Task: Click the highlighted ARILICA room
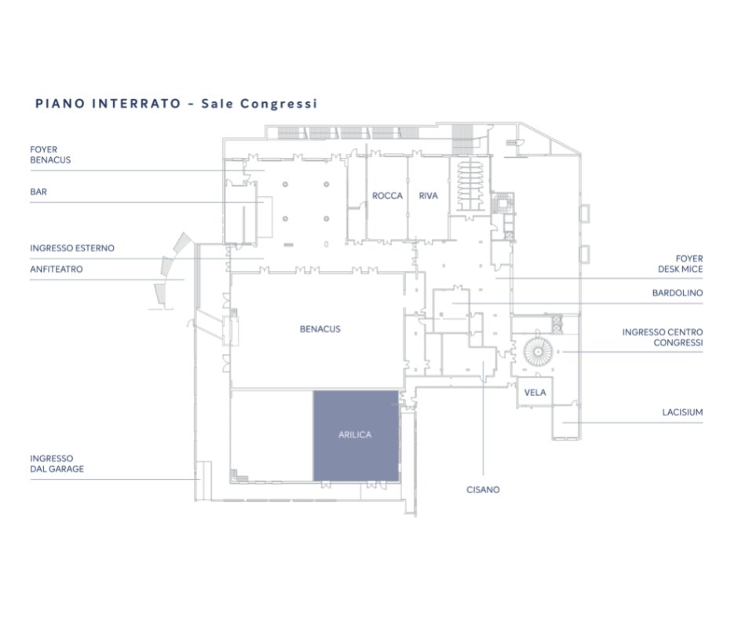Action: tap(356, 436)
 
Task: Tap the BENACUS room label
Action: tap(320, 329)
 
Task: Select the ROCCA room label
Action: tap(387, 196)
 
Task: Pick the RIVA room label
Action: tap(429, 196)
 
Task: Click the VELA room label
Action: tap(535, 393)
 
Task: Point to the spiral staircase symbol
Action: tap(538, 351)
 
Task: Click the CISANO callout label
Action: tap(483, 489)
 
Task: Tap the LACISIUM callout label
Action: tap(682, 412)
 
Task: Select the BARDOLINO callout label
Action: tap(678, 292)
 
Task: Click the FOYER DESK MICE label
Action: tap(680, 264)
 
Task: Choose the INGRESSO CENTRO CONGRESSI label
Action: tap(663, 337)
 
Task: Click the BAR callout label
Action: tap(38, 192)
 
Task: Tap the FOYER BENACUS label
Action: tap(50, 155)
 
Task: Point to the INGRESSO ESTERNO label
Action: tap(72, 247)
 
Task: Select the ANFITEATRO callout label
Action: tap(57, 269)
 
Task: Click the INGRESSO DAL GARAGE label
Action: tap(57, 463)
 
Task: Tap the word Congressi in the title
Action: tap(279, 104)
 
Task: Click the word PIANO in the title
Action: tap(60, 103)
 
